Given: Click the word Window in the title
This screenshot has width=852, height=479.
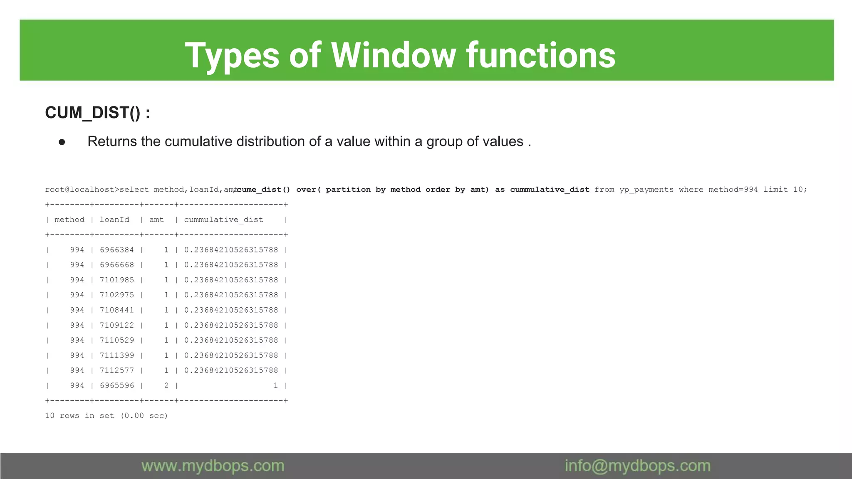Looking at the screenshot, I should click(393, 55).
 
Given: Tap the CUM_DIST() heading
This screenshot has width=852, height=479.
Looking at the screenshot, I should click(97, 113).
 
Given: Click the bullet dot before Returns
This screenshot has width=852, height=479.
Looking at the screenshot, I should click(62, 142).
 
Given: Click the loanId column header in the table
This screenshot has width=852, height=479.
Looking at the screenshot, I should click(114, 220).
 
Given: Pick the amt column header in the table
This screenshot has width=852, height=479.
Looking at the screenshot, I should click(156, 220).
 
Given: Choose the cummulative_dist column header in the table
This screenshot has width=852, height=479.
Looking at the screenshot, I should click(223, 220).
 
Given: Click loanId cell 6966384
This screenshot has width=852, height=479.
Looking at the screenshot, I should click(117, 250).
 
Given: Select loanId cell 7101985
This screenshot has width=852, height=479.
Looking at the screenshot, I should click(117, 280).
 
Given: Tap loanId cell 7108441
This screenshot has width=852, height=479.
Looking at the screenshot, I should click(117, 310).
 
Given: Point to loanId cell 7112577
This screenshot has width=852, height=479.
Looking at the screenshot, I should click(117, 370).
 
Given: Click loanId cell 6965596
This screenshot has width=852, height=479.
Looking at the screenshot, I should click(117, 385).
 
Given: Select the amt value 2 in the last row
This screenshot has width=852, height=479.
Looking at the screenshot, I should click(166, 385).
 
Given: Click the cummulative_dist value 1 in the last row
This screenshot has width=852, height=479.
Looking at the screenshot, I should click(275, 385).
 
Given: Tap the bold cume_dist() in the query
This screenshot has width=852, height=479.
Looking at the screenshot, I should click(263, 190).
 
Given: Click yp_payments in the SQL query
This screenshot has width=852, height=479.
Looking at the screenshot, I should click(646, 190).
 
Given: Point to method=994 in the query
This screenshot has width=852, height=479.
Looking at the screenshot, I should click(733, 190).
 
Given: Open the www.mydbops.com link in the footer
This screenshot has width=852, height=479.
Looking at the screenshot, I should click(213, 466).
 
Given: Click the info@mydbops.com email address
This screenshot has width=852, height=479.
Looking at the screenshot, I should click(637, 466).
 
